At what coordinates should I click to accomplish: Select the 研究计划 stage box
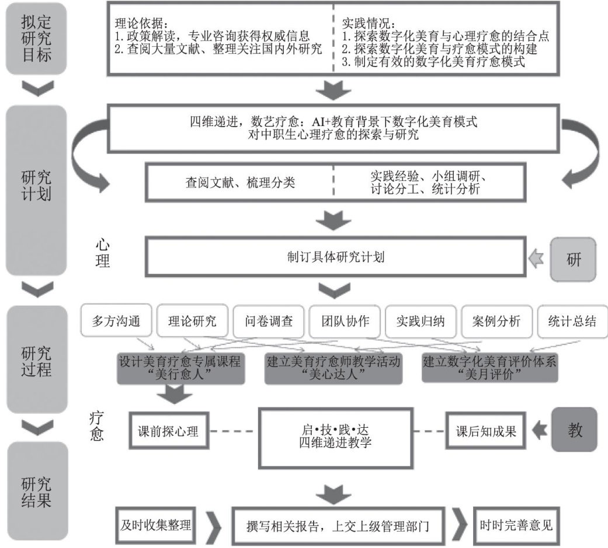click(x=36, y=190)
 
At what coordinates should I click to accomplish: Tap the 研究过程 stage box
click(x=36, y=360)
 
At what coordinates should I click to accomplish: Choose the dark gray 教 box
click(x=575, y=430)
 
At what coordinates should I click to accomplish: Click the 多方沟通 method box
click(x=117, y=321)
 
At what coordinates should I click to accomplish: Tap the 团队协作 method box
click(x=345, y=321)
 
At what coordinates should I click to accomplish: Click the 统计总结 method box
click(x=572, y=321)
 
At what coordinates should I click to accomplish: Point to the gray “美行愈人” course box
click(x=180, y=368)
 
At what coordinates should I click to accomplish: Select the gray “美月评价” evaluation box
click(x=489, y=368)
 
